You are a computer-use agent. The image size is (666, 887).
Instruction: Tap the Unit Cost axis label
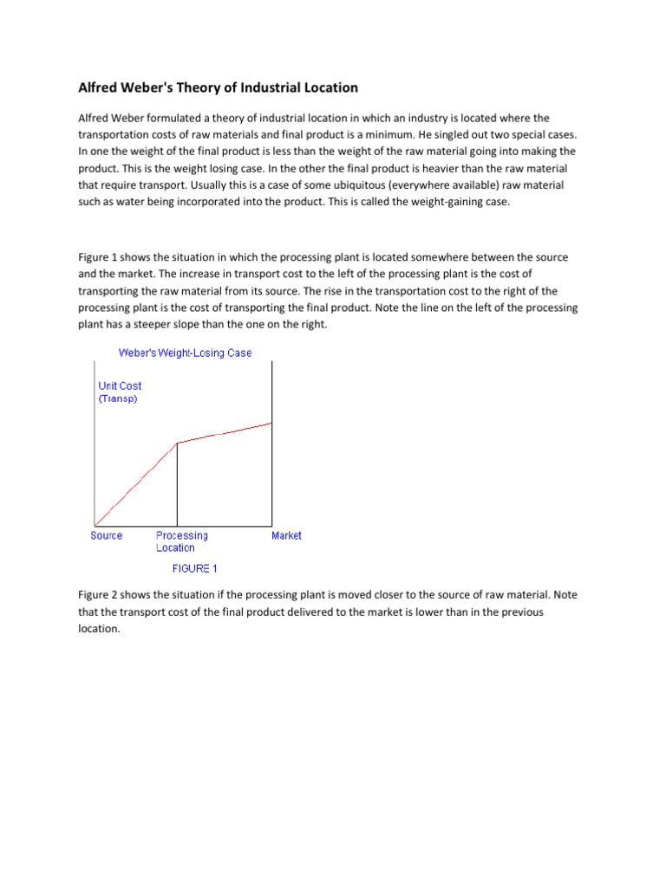120,386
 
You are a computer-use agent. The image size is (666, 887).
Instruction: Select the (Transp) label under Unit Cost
118,399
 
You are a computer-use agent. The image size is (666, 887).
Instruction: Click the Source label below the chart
107,536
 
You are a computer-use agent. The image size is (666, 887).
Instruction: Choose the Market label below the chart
286,536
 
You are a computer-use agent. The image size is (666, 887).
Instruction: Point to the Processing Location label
181,541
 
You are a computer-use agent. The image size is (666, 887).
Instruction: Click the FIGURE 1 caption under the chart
195,569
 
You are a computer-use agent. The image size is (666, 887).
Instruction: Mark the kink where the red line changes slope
177,443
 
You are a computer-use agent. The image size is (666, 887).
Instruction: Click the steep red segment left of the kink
136,484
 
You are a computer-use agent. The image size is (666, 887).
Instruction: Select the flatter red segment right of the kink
225,433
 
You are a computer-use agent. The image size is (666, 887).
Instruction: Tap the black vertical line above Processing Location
177,485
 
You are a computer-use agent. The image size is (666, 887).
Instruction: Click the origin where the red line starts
95,525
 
